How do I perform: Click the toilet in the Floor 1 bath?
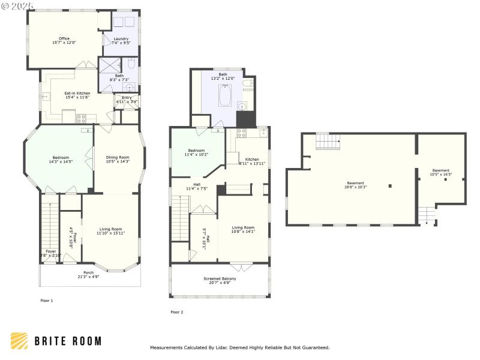pos(131,64)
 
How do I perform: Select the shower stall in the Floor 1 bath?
pos(110,65)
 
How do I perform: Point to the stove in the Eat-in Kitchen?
pos(81,118)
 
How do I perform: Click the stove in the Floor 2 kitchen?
pos(242,133)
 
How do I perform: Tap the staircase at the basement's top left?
pos(327,142)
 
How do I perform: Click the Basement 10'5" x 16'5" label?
pos(440,172)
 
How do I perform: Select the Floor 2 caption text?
pos(177,312)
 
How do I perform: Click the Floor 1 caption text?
pos(47,300)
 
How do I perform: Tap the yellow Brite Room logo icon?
pos(19,341)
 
